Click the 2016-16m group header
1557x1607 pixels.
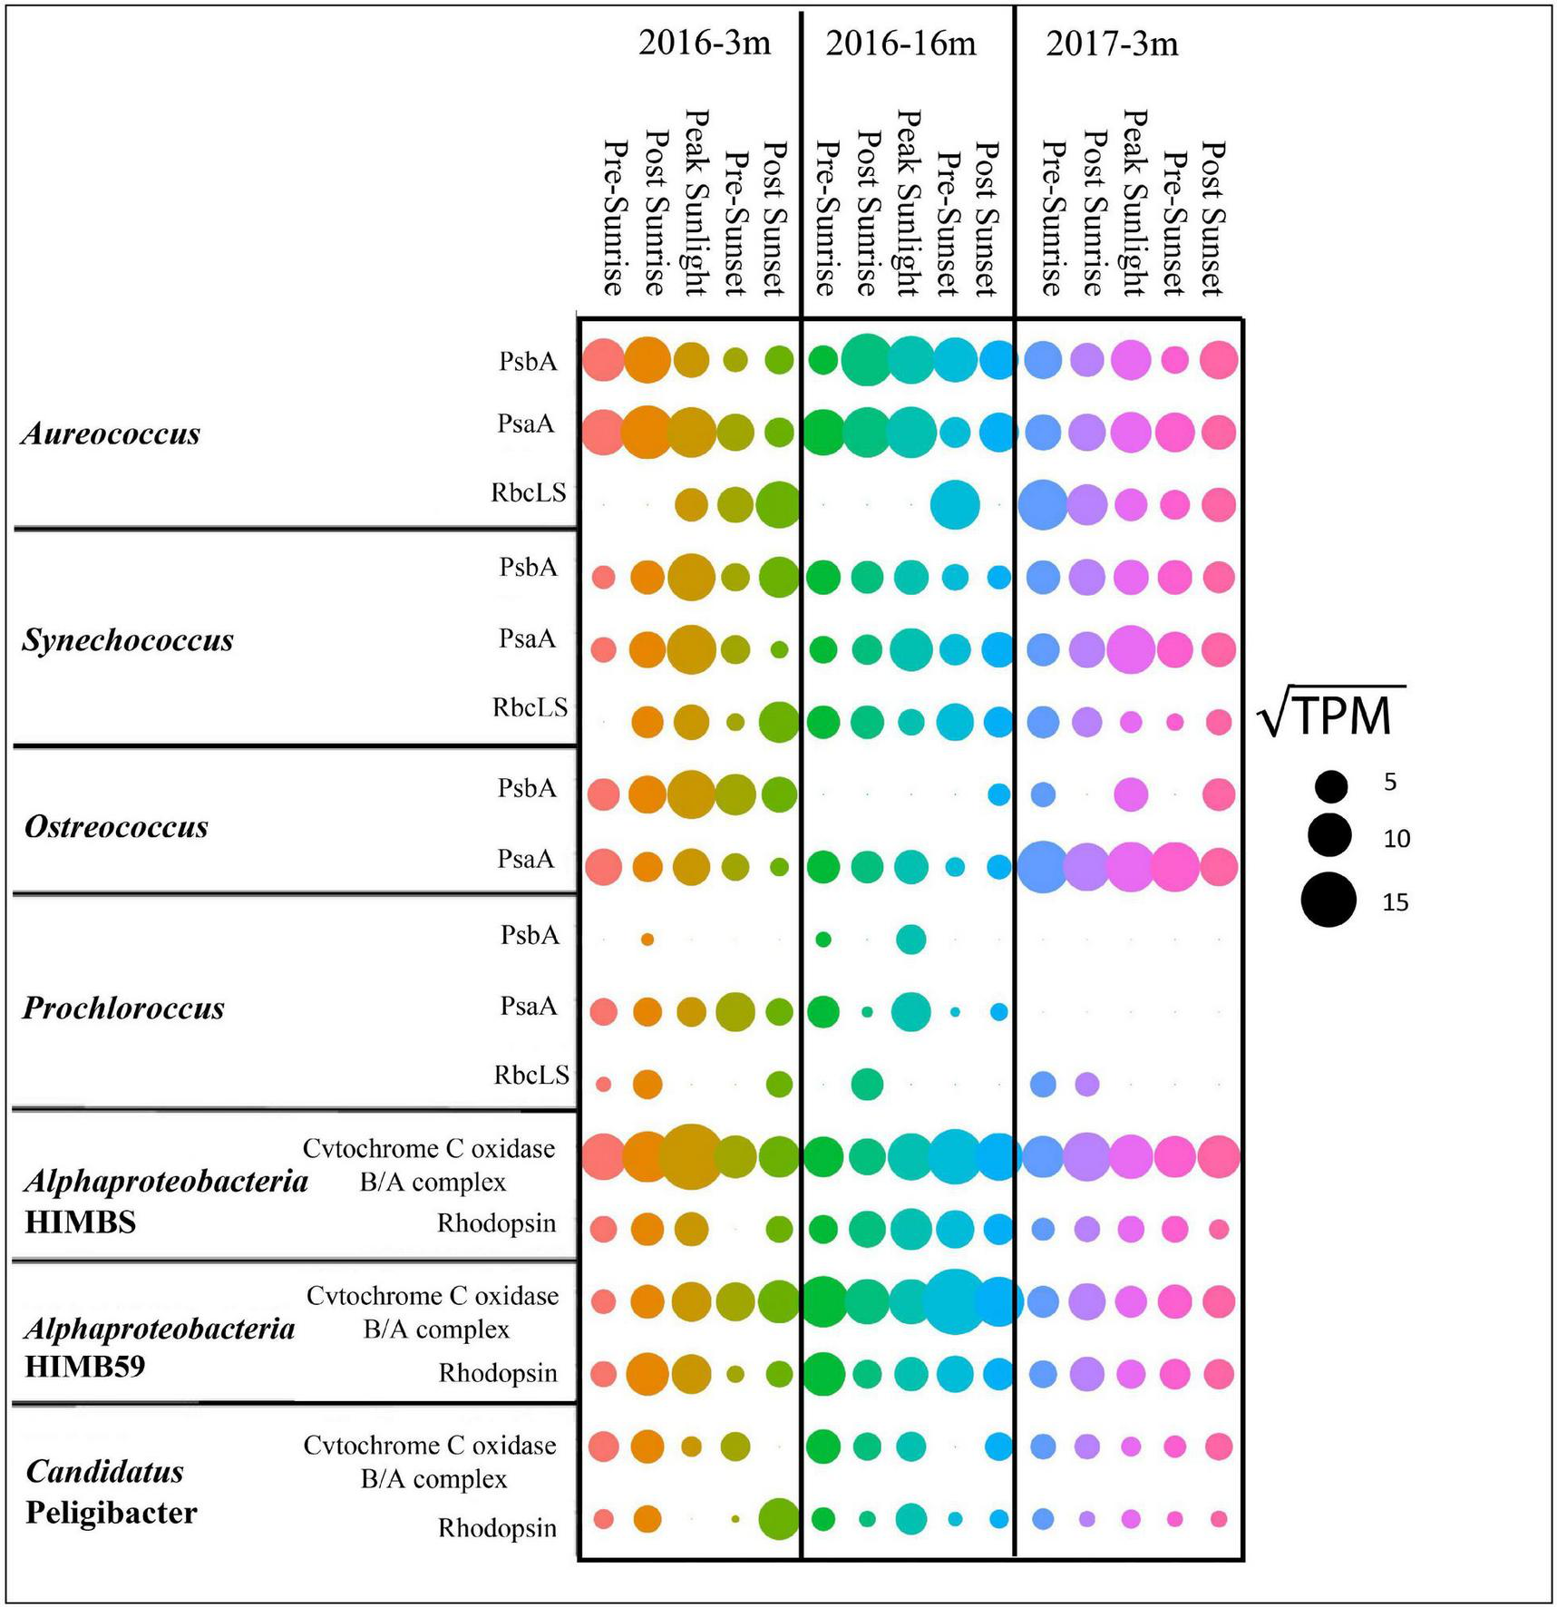coord(900,44)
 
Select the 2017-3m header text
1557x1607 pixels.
coord(1112,44)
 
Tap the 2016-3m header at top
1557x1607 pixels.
coord(704,44)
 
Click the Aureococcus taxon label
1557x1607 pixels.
coord(112,433)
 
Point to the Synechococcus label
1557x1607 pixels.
coord(128,641)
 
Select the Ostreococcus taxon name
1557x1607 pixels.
coord(116,827)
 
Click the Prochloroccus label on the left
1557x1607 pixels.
coord(123,1008)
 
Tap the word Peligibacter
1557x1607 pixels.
coord(111,1513)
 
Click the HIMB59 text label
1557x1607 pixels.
coord(84,1367)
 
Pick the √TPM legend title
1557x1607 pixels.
coord(1330,715)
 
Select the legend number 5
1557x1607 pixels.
coord(1390,782)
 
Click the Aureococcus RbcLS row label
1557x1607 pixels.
coord(529,492)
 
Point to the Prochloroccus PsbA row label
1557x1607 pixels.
coord(530,935)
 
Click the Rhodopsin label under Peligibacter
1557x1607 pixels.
coord(497,1528)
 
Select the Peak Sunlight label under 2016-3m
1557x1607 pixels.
coord(695,203)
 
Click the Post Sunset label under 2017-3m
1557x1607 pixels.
coord(1212,219)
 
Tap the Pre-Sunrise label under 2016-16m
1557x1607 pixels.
coord(823,219)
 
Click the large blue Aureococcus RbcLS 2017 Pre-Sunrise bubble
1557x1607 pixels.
coord(1043,504)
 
